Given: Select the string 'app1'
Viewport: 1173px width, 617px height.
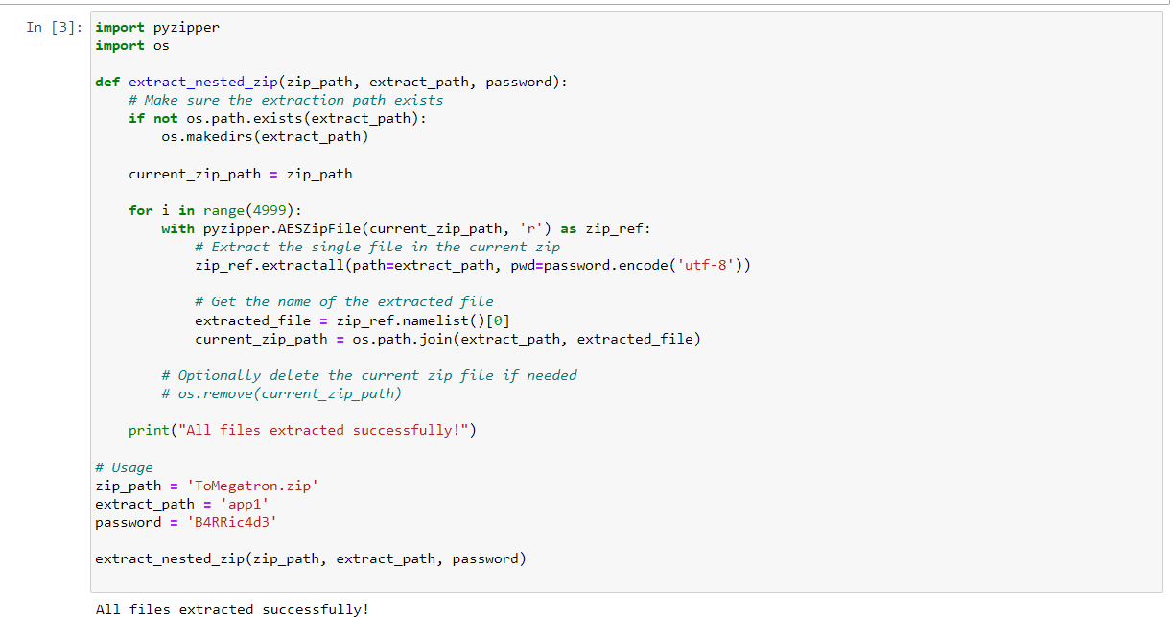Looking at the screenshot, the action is pos(248,504).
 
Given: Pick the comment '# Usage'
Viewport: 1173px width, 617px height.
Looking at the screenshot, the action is pos(124,467).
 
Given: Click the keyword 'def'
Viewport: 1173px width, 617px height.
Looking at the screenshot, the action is pos(107,82).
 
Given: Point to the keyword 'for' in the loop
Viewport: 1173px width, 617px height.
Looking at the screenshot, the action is pos(140,210).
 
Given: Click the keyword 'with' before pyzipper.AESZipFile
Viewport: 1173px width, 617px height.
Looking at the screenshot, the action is pos(177,228).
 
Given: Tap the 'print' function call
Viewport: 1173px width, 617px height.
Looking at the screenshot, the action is pos(149,430).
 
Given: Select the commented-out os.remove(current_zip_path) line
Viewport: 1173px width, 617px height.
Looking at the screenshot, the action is pos(281,393).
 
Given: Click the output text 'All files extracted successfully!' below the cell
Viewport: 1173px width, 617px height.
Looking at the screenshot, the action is pos(231,608).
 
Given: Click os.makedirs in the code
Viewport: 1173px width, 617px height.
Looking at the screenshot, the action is pos(210,136).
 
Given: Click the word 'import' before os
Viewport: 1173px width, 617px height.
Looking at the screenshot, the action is pos(120,45).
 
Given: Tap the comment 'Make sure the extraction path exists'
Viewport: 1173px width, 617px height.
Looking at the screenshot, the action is pos(293,100).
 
